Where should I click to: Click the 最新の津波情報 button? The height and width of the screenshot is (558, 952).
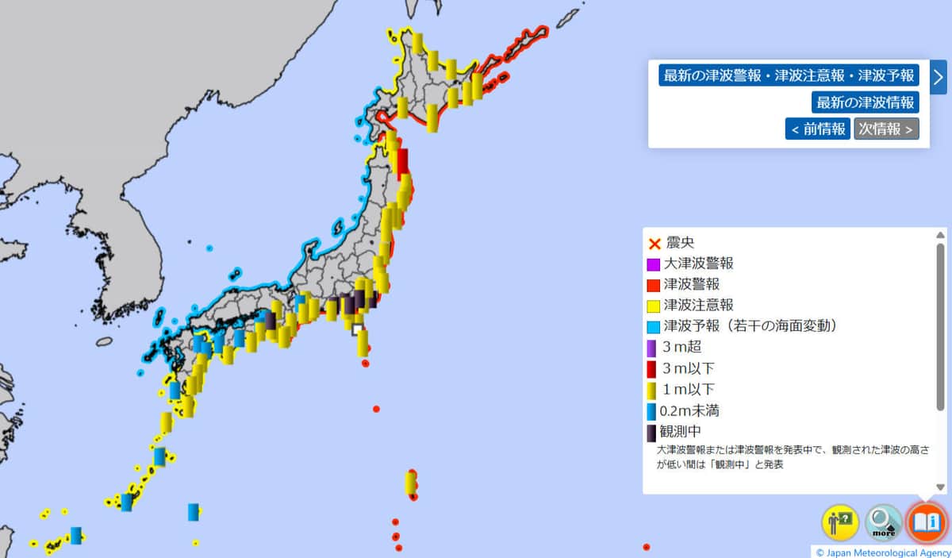(x=865, y=102)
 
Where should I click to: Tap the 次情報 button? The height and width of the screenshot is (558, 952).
(x=886, y=129)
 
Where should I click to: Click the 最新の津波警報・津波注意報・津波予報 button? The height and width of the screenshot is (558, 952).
(x=789, y=76)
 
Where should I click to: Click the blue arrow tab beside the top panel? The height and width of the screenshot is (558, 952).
(x=939, y=77)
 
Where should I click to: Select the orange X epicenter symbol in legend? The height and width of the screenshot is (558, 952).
(x=654, y=243)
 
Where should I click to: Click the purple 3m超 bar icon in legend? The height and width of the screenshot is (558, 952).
(x=652, y=347)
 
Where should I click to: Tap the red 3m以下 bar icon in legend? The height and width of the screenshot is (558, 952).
(x=652, y=368)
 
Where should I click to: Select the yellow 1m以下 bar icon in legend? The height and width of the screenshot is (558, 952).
(x=652, y=390)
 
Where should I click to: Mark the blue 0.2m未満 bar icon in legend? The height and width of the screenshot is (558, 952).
(x=651, y=411)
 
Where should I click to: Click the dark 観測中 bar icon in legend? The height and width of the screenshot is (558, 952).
(x=651, y=433)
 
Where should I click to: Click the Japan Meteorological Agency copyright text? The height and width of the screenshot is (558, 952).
(x=882, y=552)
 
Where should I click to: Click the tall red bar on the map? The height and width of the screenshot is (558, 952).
(x=402, y=163)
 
